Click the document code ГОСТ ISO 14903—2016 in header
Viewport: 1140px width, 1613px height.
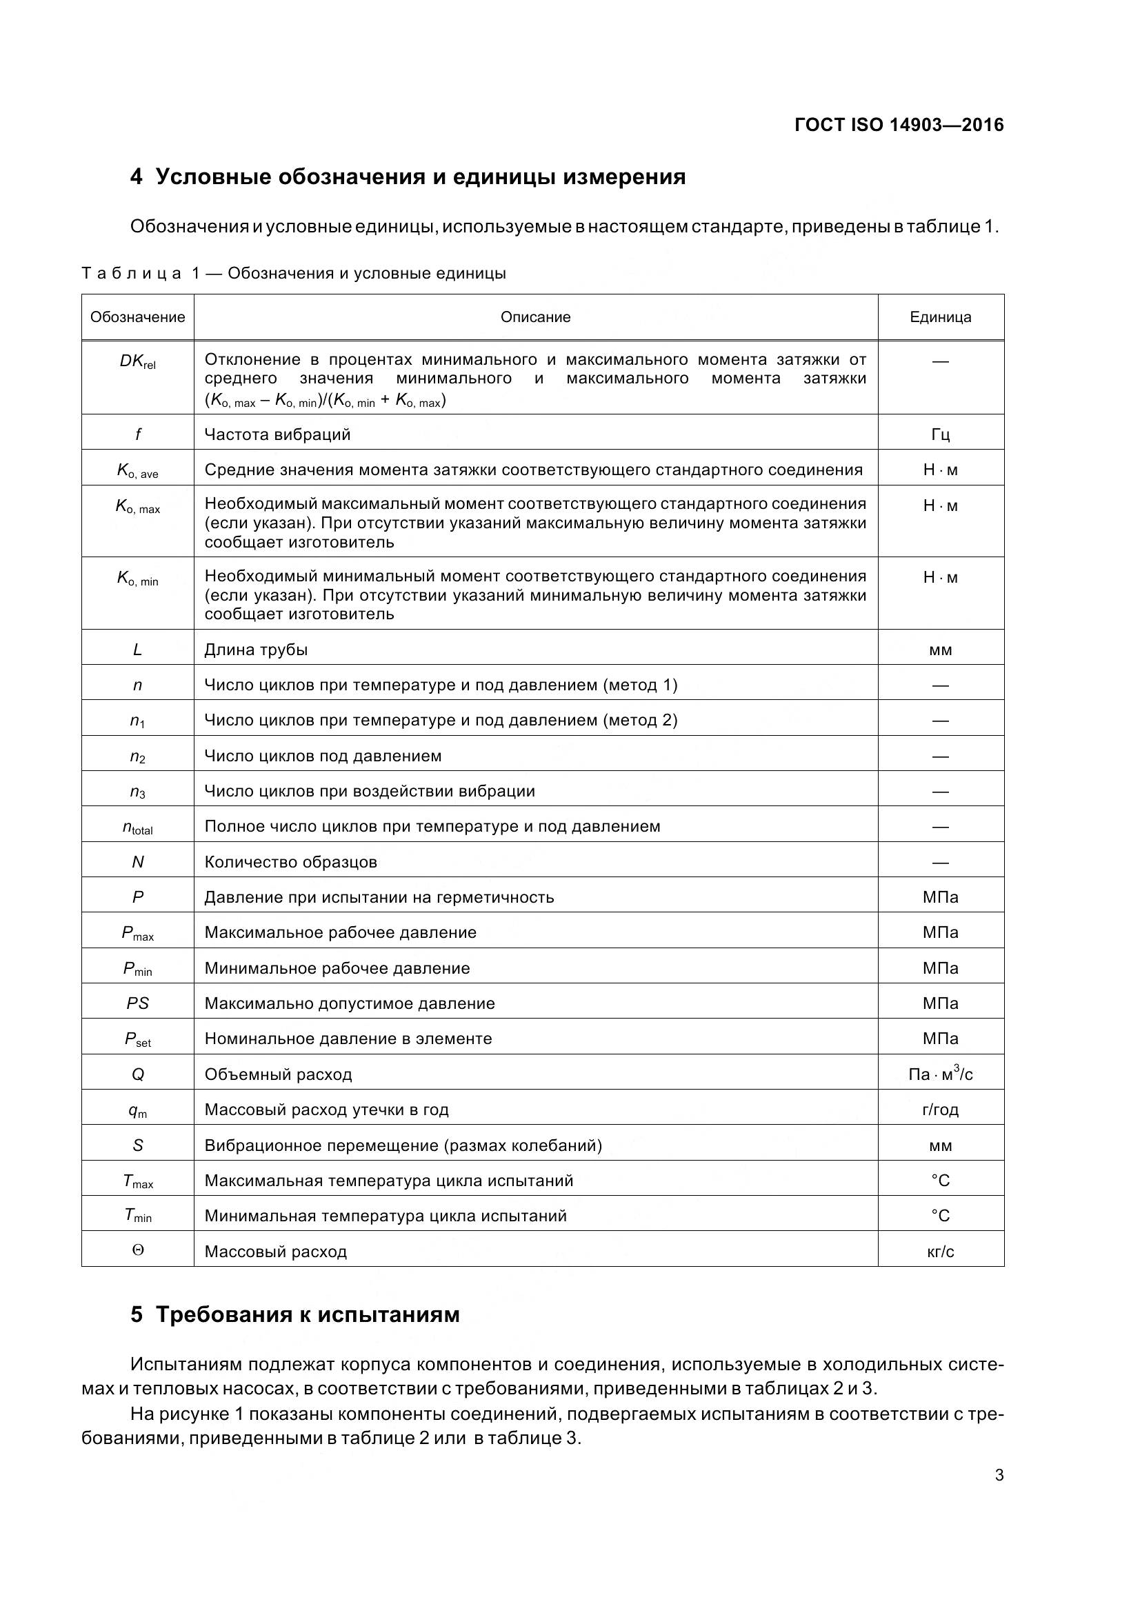899,125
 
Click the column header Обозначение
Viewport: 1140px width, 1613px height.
138,317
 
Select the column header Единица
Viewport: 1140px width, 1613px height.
940,317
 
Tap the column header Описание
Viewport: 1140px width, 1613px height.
535,317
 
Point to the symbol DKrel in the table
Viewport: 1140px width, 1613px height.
138,362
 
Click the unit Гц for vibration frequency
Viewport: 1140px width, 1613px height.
940,435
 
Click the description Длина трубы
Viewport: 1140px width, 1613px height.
256,650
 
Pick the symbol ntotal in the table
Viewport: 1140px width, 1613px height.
138,828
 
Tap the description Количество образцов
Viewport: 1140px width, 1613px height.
290,862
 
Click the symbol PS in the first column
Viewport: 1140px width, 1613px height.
138,1003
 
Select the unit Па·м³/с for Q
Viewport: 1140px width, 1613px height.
940,1074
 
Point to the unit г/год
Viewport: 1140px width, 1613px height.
940,1110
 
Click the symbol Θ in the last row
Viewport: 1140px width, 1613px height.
138,1250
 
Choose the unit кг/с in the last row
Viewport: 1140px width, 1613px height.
940,1252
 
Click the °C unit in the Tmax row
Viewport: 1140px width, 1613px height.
940,1181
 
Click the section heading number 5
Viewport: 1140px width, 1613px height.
137,1314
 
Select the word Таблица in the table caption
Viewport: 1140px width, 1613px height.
131,273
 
